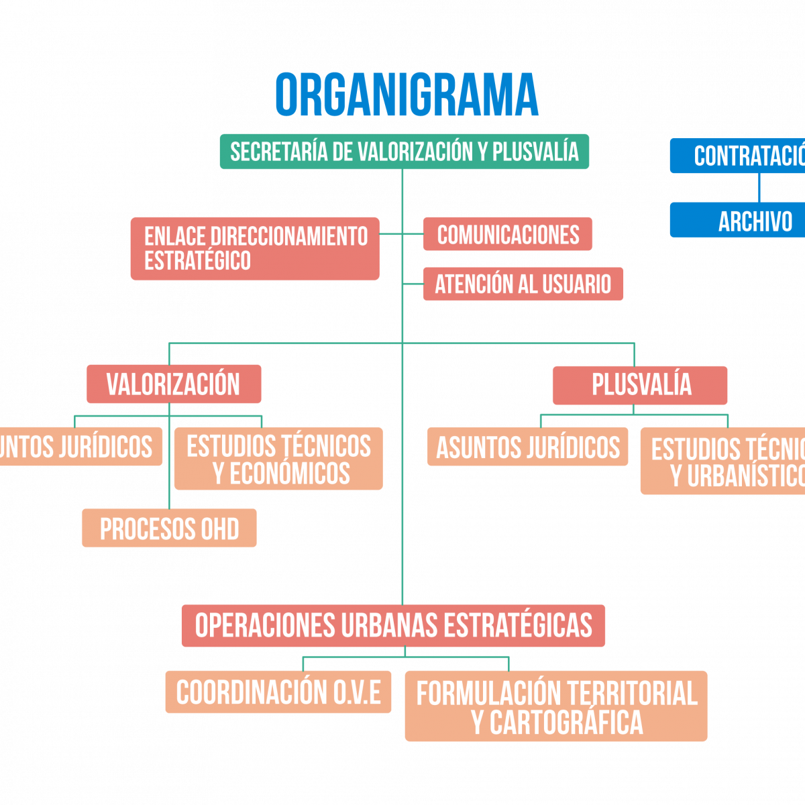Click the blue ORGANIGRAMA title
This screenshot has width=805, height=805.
pos(407,95)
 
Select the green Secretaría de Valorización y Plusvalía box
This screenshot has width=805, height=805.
pos(404,152)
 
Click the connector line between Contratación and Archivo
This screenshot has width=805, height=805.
pos(759,188)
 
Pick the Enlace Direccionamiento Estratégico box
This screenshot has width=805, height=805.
pos(255,248)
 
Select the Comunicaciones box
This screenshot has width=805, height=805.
pos(508,234)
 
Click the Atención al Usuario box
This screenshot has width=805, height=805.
pos(523,284)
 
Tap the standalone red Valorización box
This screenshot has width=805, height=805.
pos(173,384)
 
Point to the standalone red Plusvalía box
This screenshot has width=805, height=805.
pos(640,385)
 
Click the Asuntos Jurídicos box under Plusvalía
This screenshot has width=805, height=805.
pos(528,447)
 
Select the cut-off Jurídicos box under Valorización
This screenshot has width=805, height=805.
pos(79,447)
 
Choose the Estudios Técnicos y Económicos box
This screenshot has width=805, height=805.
pos(278,459)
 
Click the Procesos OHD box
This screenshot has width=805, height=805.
pos(169,529)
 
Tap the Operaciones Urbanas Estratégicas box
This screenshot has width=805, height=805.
pos(393,625)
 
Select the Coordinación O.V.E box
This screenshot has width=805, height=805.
pos(278,692)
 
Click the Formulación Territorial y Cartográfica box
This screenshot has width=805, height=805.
pos(556,706)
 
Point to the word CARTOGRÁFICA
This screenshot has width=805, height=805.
pos(566,722)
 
